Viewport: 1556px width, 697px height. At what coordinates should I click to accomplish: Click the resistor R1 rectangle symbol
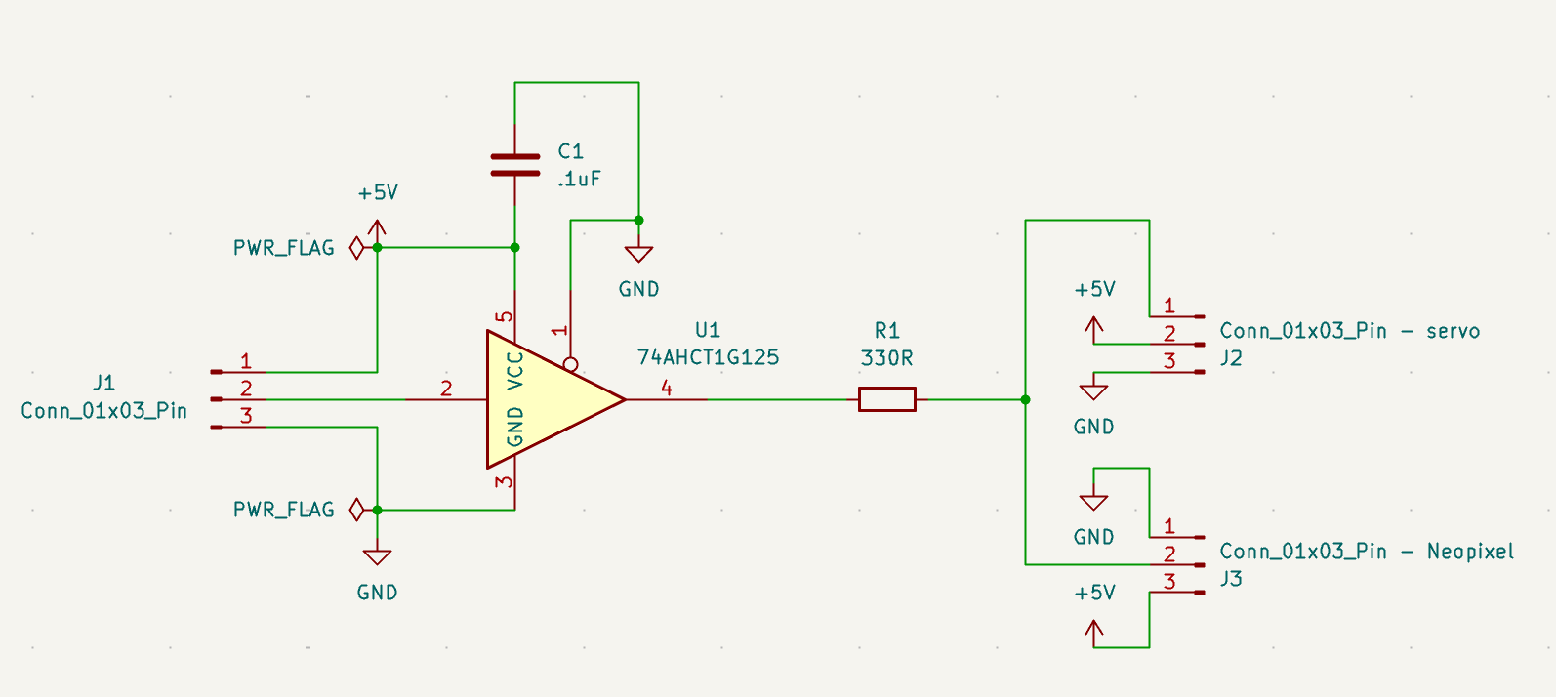tap(887, 399)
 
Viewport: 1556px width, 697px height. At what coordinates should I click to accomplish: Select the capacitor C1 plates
tap(514, 165)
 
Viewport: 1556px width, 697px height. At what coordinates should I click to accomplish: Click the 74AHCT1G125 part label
tap(708, 357)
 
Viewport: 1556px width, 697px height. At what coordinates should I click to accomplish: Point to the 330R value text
tap(886, 358)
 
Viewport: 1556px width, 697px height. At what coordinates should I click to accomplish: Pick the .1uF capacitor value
tap(579, 180)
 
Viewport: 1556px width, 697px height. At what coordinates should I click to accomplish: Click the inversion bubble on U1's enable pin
tap(570, 364)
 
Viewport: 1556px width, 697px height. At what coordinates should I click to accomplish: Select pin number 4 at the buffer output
tap(666, 388)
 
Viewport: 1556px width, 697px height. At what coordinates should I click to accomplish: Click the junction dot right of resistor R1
tap(1025, 399)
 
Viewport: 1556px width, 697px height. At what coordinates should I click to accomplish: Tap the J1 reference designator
tap(103, 383)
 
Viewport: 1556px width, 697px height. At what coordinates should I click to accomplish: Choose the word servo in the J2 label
tap(1454, 331)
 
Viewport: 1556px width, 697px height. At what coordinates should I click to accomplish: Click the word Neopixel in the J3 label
tap(1470, 552)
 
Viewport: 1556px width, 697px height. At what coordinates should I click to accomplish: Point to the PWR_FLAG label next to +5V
tap(283, 248)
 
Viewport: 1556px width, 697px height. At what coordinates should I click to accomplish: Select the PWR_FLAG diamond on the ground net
tap(356, 510)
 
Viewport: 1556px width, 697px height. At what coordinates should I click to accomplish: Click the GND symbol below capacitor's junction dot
tap(638, 254)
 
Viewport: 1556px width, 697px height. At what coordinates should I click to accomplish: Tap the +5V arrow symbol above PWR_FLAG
tap(377, 229)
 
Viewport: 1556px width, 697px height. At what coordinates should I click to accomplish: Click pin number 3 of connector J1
tap(246, 416)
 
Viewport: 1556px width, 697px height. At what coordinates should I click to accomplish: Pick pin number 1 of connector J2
tap(1169, 306)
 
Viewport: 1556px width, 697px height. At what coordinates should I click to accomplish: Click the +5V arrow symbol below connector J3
tap(1094, 634)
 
